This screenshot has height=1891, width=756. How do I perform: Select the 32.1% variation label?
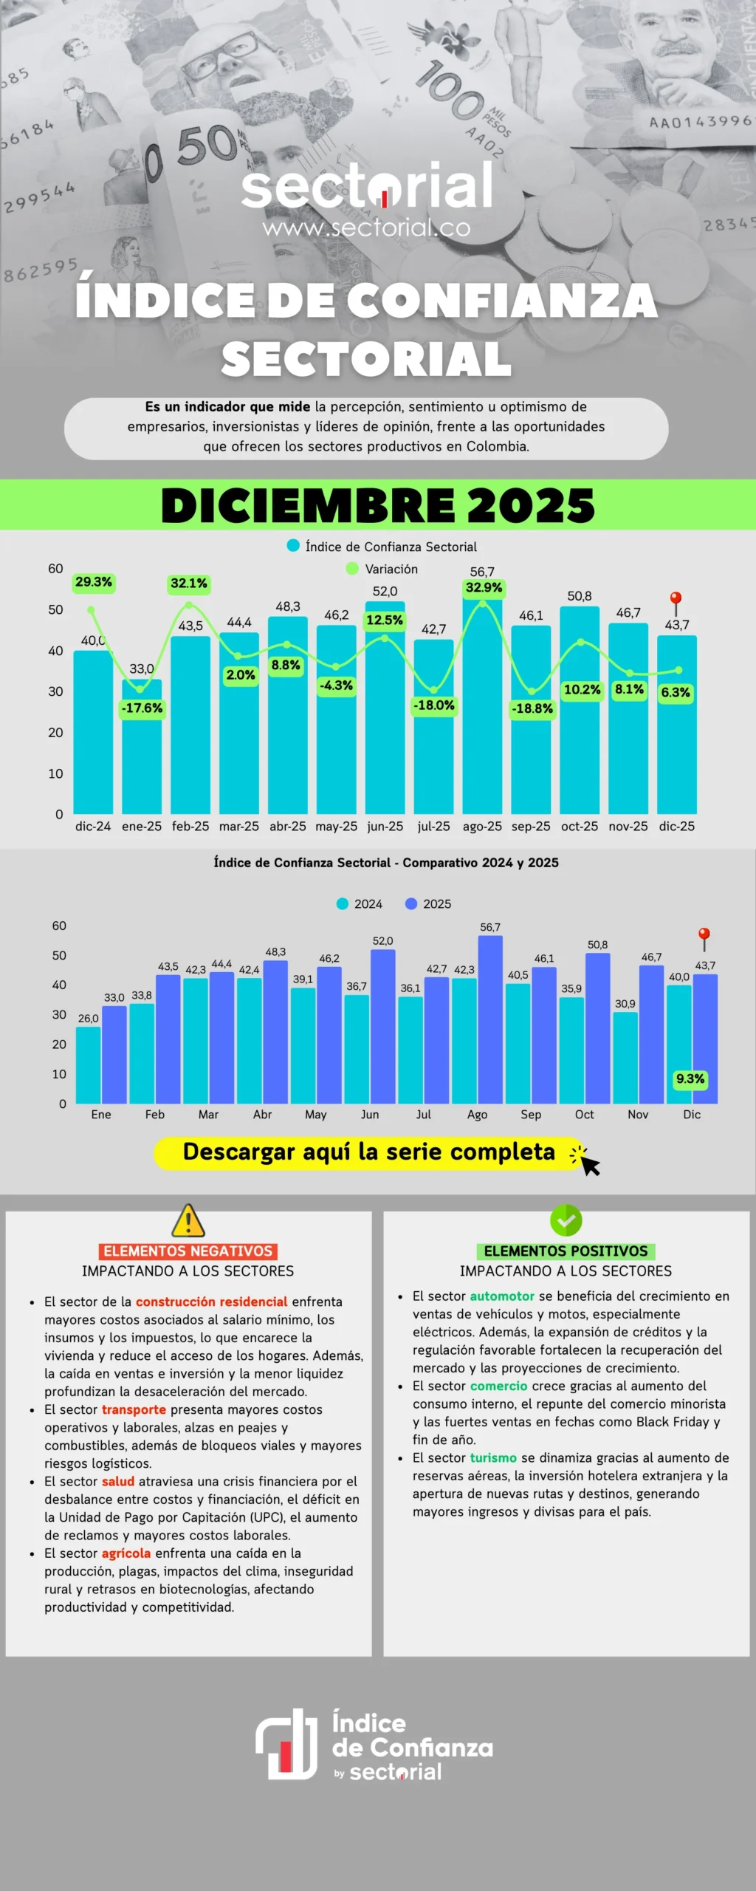point(189,584)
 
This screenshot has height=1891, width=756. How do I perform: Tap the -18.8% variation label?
point(532,708)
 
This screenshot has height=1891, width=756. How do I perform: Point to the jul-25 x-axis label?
point(433,827)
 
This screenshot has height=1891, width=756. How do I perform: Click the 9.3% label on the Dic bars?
point(690,1079)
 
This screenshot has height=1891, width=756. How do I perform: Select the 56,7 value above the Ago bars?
point(490,927)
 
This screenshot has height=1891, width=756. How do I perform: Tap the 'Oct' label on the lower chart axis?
point(584,1115)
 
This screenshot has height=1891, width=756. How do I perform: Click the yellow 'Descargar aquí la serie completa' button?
point(369,1153)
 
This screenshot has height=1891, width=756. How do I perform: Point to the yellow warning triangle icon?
point(188,1221)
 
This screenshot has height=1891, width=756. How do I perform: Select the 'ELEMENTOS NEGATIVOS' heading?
point(188,1251)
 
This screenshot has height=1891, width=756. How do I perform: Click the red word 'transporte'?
point(134,1409)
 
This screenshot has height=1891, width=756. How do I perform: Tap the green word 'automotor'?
point(502,1296)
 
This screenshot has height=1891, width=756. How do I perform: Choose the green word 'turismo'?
point(493,1457)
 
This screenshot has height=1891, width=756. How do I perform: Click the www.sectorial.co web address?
point(366,228)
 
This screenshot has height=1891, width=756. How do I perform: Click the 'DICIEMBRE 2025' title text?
point(378,505)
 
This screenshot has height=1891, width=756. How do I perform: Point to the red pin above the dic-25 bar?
point(676,599)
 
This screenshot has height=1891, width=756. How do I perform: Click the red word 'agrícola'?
point(126,1553)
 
